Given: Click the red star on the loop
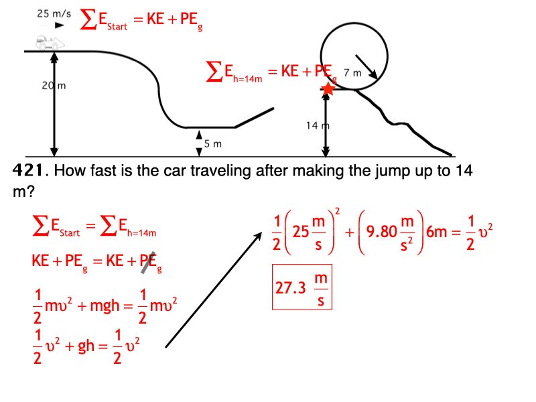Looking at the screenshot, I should tap(328, 88).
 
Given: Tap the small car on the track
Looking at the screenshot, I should tap(46, 42).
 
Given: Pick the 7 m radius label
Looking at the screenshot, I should tap(352, 72).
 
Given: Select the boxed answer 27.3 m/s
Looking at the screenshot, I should tap(301, 287).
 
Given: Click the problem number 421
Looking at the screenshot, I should tap(30, 170).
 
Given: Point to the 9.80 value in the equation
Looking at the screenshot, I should tap(383, 234).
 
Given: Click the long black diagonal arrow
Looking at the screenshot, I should tap(213, 289).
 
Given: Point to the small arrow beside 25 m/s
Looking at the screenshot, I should tap(60, 25).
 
